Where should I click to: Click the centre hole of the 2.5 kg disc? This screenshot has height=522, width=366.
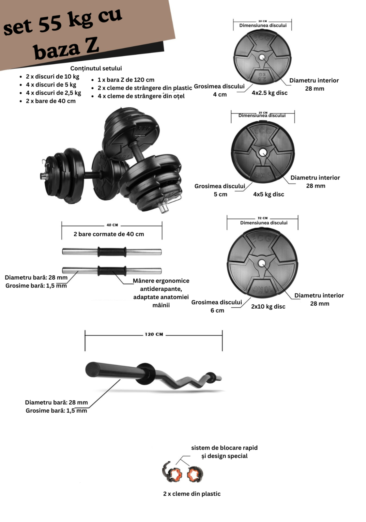tap(262, 57)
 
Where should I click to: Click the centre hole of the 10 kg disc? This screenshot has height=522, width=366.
tap(262, 263)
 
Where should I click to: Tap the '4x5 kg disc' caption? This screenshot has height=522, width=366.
tap(268, 194)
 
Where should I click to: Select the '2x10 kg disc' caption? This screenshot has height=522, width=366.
tap(268, 307)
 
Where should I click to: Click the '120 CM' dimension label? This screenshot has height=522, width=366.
tap(154, 334)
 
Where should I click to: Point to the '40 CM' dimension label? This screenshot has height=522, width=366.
tap(112, 225)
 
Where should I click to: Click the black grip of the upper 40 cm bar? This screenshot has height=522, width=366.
tap(112, 252)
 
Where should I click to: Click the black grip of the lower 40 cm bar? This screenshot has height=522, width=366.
tap(112, 271)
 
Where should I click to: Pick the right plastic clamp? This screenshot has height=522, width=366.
tap(195, 474)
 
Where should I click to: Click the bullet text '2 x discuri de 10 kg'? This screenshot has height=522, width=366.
tap(53, 77)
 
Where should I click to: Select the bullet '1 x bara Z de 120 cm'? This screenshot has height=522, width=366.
tap(126, 80)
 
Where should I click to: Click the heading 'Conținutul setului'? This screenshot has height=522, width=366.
tap(96, 69)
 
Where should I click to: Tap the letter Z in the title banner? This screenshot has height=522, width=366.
tap(92, 46)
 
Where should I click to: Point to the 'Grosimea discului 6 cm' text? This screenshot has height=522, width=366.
tap(217, 306)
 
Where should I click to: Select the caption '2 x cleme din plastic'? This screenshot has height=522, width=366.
tap(192, 494)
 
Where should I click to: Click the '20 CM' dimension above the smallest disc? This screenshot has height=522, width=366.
tap(263, 21)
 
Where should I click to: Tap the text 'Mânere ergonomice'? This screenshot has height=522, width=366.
tap(161, 281)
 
